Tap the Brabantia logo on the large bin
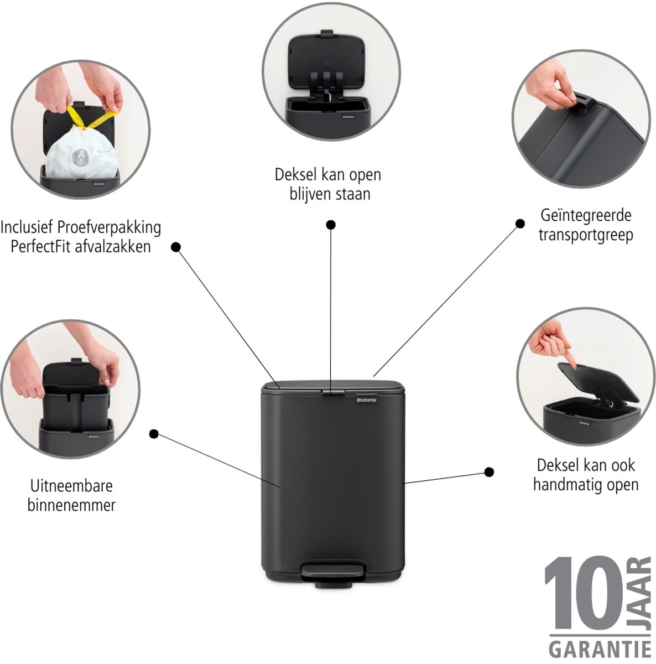pyautogui.click(x=367, y=400)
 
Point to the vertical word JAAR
pyautogui.click(x=644, y=595)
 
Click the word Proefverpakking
pyautogui.click(x=109, y=228)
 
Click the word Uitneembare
pyautogui.click(x=71, y=486)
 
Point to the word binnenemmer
pyautogui.click(x=71, y=506)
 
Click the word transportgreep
pyautogui.click(x=586, y=236)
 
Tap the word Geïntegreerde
pyautogui.click(x=586, y=216)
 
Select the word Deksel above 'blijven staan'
pyautogui.click(x=295, y=174)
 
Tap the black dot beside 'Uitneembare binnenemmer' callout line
pyautogui.click(x=154, y=434)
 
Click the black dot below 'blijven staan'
pyautogui.click(x=331, y=225)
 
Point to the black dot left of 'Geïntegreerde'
pyautogui.click(x=520, y=224)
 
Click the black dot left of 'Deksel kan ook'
pyautogui.click(x=489, y=472)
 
